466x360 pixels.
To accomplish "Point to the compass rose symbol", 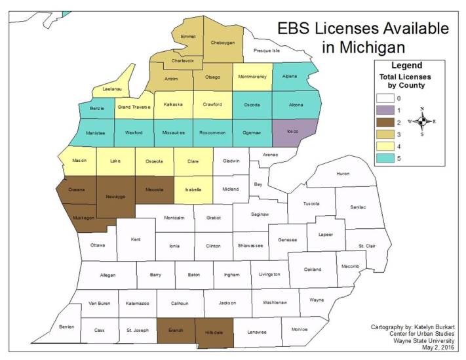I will click(x=423, y=121).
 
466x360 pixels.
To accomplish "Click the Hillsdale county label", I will click(x=214, y=332).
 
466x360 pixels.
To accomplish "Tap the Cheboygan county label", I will click(x=223, y=43).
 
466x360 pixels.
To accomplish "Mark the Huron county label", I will click(x=343, y=174).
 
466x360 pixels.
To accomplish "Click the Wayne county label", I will click(x=317, y=300).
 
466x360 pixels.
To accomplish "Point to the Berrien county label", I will click(x=66, y=326).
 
